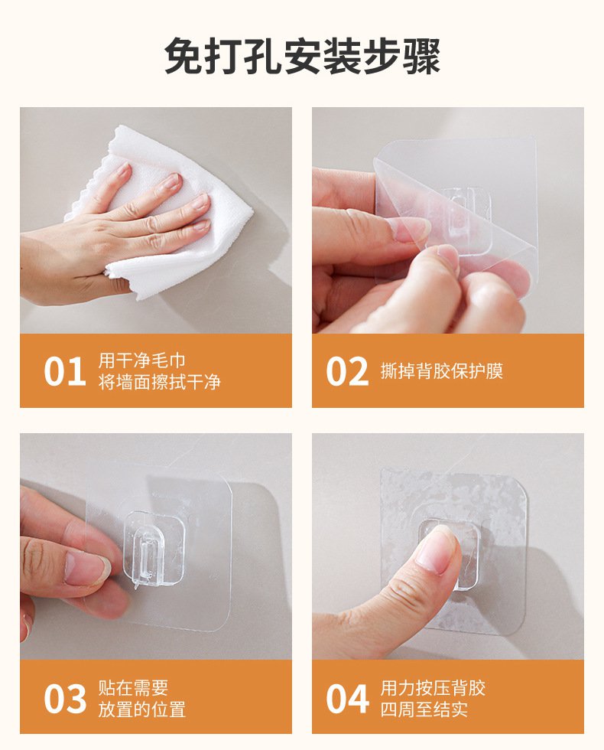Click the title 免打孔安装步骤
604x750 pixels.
coord(302,57)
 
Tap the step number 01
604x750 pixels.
coord(64,372)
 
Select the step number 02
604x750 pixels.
coord(348,372)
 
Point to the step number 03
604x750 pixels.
coord(64,699)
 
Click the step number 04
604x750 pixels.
coord(348,699)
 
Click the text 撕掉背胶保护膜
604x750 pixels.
coord(442,372)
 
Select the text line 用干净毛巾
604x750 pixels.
coord(142,360)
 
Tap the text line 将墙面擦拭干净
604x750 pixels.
coord(159,382)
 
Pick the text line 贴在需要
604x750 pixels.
coord(133,687)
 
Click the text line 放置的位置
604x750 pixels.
coord(142,709)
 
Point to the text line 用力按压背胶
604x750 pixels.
coord(433,687)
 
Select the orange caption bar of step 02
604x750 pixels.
coord(447,370)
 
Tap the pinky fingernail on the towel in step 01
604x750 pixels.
coord(201,226)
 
